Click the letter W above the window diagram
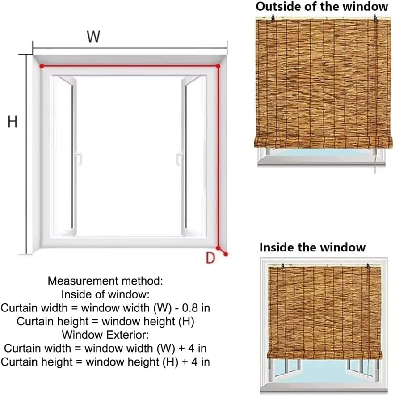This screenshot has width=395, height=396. [x=93, y=37]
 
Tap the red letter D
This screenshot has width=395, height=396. [x=210, y=257]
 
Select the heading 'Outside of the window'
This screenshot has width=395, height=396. [x=322, y=7]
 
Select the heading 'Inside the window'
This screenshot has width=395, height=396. [x=312, y=247]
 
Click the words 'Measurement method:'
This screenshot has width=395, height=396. [x=105, y=281]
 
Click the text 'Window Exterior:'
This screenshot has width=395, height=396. [x=105, y=334]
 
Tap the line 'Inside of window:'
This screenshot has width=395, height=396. [x=105, y=294]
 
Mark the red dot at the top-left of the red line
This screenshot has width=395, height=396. [x=42, y=66]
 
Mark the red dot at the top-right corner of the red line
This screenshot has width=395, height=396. [x=218, y=66]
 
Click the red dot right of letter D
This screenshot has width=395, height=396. [x=226, y=254]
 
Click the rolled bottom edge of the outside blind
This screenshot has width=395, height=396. [x=323, y=142]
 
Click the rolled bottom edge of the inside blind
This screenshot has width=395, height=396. [x=324, y=355]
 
